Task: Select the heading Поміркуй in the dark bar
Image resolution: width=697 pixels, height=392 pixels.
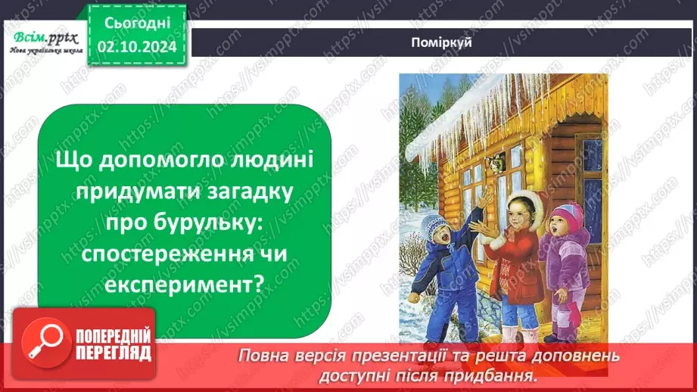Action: pos(443,42)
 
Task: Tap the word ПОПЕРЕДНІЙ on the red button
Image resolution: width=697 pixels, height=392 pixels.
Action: pos(110,335)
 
